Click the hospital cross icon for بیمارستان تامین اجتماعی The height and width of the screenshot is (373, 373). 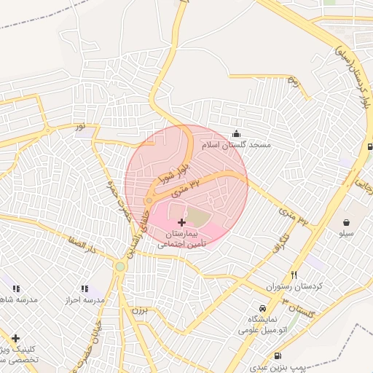(181, 221)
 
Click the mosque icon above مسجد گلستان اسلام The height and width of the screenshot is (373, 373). (236, 133)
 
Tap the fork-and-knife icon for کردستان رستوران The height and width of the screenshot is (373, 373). (294, 275)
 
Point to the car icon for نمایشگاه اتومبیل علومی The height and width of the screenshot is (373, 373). (262, 307)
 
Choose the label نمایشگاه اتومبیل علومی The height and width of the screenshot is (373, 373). (262, 324)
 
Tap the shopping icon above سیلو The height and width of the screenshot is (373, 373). (346, 221)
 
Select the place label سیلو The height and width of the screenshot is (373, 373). (346, 234)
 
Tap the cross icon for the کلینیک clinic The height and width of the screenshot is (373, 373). (15, 338)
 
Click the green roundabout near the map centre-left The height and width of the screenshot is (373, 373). (119, 267)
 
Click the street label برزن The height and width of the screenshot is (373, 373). (138, 310)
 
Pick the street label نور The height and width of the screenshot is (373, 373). (79, 127)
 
